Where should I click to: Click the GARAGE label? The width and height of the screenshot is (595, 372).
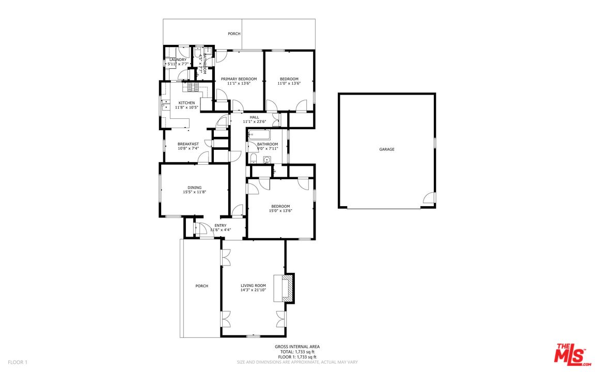click(387, 149)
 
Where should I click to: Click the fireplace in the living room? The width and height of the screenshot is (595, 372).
click(287, 288)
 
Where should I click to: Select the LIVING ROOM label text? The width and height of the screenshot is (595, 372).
click(253, 286)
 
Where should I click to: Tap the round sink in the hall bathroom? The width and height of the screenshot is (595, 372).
click(267, 160)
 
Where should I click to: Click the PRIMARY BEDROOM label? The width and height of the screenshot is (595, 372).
click(239, 79)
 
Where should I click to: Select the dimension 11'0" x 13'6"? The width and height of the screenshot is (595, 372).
click(289, 84)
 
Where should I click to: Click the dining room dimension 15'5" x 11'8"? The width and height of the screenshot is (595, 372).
click(194, 192)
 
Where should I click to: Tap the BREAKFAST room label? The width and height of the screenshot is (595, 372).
click(188, 144)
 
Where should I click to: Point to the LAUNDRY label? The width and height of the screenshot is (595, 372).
click(178, 59)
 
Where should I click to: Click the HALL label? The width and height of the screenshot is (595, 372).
click(254, 117)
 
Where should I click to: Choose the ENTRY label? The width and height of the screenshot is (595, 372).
click(220, 225)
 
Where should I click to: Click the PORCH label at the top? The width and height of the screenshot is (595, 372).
click(234, 34)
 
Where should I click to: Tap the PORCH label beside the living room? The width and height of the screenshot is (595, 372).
click(201, 286)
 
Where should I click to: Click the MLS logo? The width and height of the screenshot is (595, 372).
click(571, 355)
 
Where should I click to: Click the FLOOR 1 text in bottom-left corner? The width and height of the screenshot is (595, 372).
click(18, 362)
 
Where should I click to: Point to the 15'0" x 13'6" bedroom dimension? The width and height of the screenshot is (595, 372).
click(280, 210)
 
